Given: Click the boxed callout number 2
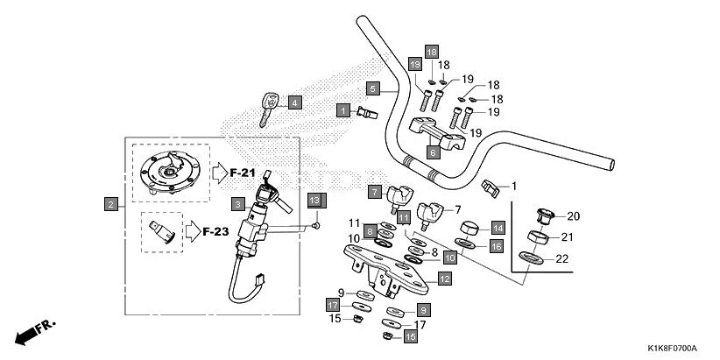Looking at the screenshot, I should pos(110,204).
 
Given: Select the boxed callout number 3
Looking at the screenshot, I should pos(237,204).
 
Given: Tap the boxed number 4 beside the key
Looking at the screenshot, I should pos(294,102).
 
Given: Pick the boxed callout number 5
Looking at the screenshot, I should pos(372,88).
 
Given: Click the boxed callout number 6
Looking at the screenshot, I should pos(433,152).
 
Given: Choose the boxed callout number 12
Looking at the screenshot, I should pos(444,279).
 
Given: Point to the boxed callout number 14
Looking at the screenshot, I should pos(497,228).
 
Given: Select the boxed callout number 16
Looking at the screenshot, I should pos(496,247).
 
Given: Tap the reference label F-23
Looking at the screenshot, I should pos(215,232).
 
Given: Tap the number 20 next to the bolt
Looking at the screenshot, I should pos(573,216).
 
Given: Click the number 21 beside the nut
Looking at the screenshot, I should pos(567,236).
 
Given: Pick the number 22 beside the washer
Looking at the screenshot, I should pos(562,258).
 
